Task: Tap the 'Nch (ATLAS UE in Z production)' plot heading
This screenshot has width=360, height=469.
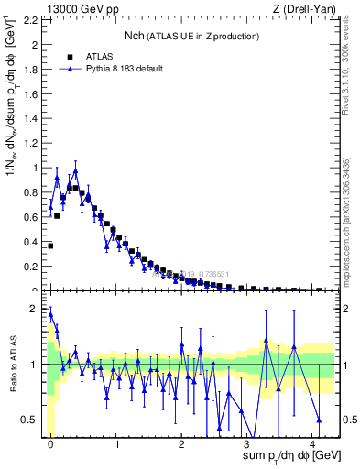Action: click(192, 36)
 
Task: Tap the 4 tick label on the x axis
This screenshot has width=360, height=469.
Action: click(312, 444)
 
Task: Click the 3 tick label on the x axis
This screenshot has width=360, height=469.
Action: click(247, 444)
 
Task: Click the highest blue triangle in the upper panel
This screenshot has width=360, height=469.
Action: click(76, 170)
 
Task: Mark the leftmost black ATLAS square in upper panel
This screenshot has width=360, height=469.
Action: click(50, 245)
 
